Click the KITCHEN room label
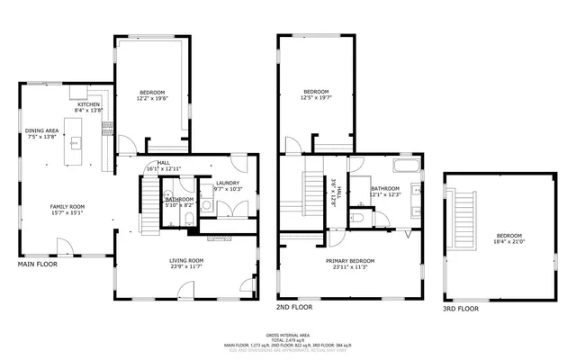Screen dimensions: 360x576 (90, 104)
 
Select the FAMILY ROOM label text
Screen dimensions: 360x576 (67, 206)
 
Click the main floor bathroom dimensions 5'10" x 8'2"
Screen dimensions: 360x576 (178, 205)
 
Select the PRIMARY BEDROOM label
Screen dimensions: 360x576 (350, 260)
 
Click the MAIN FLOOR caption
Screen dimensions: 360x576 (39, 265)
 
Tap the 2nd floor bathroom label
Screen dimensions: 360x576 (384, 189)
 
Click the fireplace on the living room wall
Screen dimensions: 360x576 (220, 238)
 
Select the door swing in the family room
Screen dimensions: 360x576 (62, 247)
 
